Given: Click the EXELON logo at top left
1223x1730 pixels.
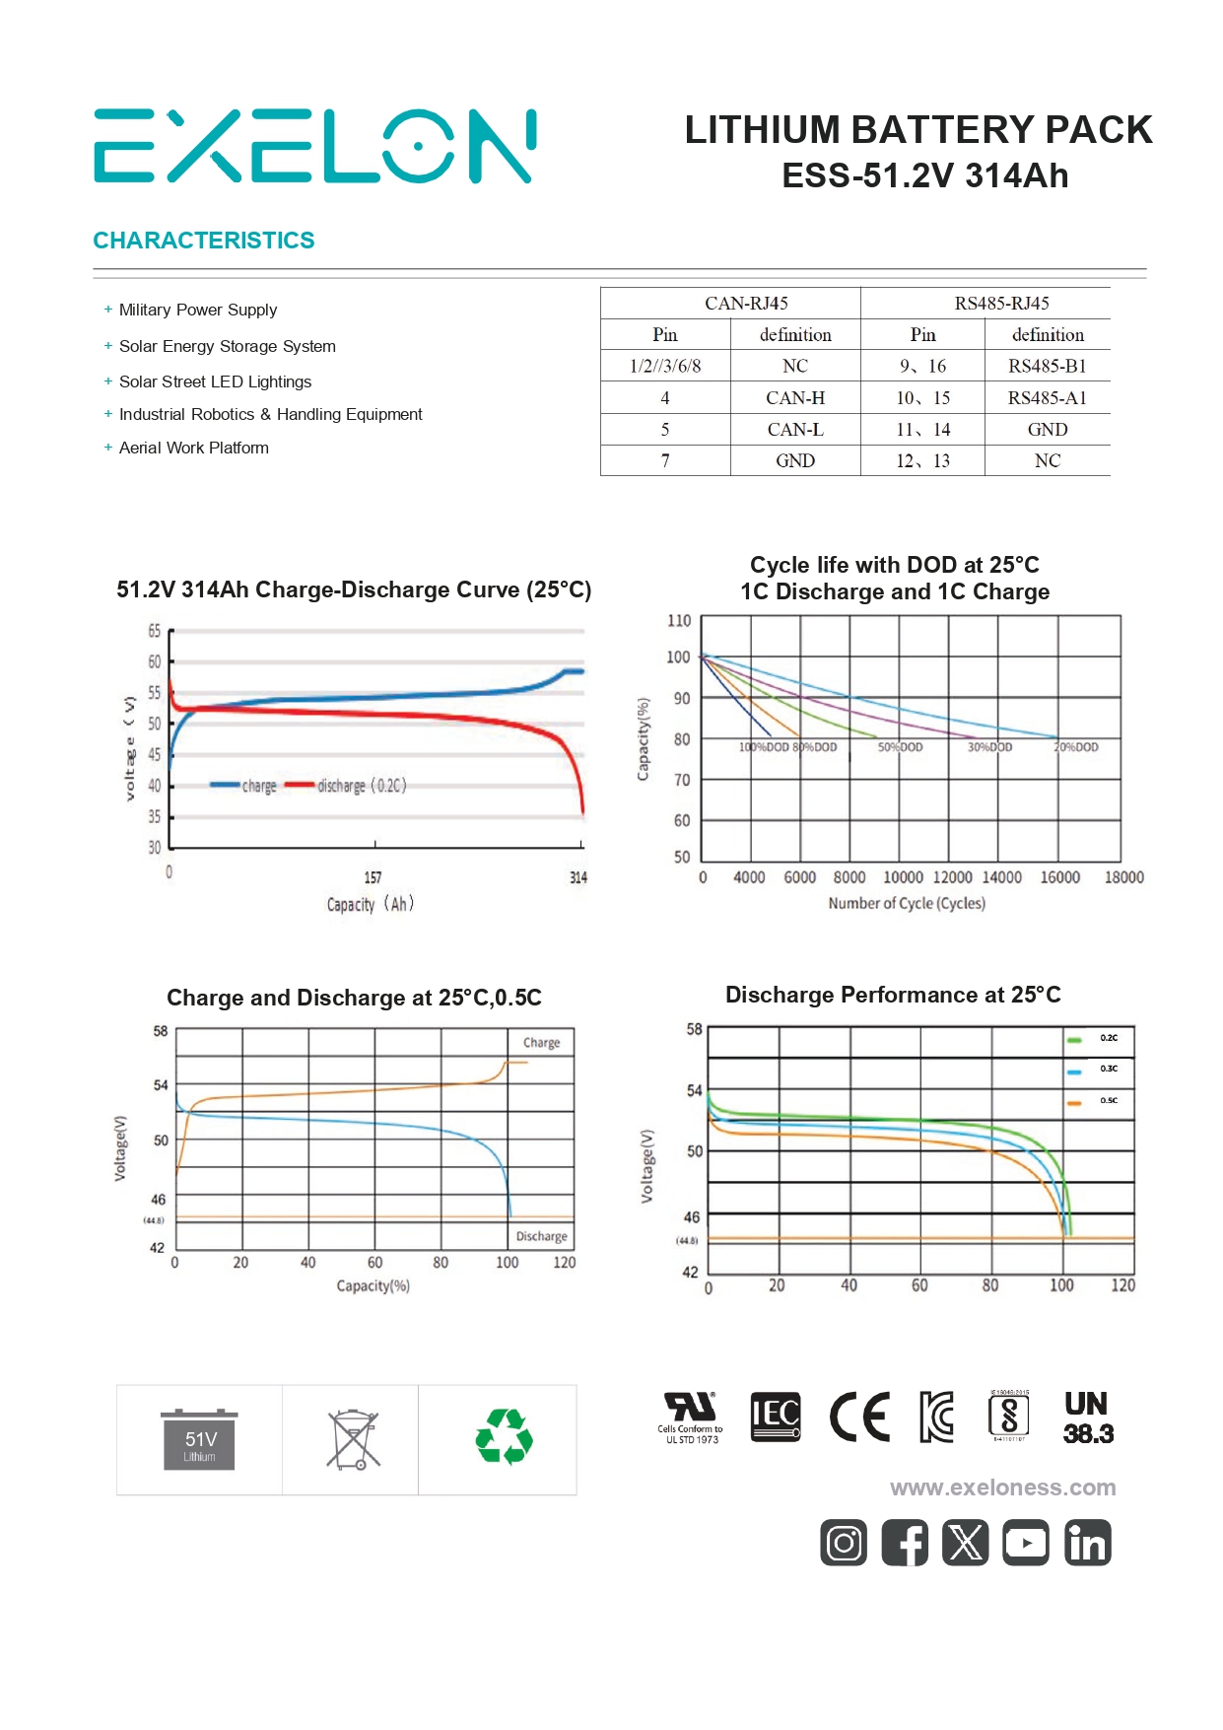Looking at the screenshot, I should (314, 146).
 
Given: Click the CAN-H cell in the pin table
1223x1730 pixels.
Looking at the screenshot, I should (794, 398).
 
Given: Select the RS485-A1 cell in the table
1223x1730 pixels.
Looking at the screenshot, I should (1047, 398).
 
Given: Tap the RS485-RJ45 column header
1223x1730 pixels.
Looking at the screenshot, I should (1001, 304).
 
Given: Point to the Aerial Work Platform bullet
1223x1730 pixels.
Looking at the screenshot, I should (193, 449).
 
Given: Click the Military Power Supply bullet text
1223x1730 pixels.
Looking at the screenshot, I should (198, 311).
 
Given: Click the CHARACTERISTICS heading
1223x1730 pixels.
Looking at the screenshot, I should (204, 241).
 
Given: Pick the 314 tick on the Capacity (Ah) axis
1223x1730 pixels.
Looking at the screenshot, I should (578, 877).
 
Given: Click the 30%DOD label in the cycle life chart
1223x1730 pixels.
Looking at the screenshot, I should (989, 747).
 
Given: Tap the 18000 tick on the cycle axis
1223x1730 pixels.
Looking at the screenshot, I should (1123, 877).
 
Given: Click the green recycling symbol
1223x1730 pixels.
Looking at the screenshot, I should (504, 1437).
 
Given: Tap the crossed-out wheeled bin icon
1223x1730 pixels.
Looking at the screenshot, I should (353, 1440).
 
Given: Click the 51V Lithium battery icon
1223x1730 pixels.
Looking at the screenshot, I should (199, 1441).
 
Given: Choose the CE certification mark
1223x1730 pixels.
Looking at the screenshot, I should (859, 1418).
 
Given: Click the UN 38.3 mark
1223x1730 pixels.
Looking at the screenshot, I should (1087, 1419).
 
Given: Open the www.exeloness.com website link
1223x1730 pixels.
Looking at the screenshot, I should (1002, 1488).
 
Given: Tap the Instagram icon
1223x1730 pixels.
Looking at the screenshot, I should (844, 1543).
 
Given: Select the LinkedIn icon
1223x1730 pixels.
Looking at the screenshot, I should (1087, 1543).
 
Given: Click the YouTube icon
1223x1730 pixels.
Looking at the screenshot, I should (1026, 1543).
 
